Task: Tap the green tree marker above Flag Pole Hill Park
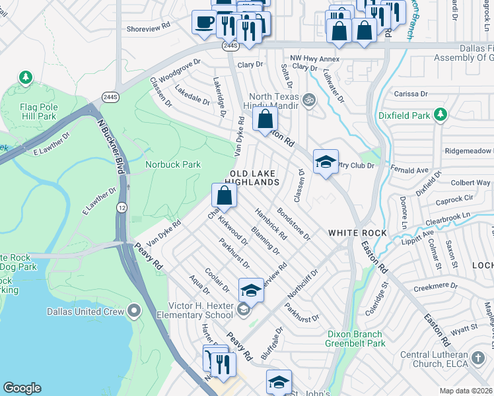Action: [26, 79]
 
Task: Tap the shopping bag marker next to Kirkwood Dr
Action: [224, 195]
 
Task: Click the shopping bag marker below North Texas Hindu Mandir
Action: [265, 119]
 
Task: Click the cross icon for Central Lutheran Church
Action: [479, 358]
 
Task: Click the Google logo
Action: [22, 388]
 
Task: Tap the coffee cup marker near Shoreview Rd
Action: [203, 21]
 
